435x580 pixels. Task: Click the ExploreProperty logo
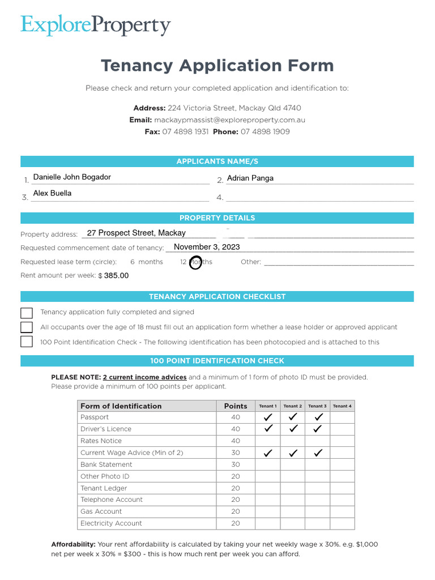(95, 25)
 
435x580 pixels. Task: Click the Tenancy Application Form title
(217, 65)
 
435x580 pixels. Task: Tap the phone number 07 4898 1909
(265, 131)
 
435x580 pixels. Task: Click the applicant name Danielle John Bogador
(72, 177)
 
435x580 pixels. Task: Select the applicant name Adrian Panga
(250, 178)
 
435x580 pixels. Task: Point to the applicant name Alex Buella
(52, 193)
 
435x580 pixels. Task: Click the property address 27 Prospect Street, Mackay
(136, 233)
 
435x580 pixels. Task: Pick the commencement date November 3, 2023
(207, 247)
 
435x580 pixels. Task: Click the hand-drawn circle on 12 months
(195, 263)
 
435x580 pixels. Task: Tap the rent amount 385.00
(116, 276)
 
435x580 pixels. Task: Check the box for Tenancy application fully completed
(27, 313)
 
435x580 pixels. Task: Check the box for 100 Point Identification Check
(27, 342)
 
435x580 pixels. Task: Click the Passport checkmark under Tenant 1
(268, 417)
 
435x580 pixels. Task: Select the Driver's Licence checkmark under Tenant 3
(317, 429)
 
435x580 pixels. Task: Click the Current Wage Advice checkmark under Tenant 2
(293, 453)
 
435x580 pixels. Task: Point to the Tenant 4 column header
(342, 406)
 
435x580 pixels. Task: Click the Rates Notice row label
(101, 441)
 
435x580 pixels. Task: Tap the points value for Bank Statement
(236, 464)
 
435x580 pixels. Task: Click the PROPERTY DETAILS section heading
(217, 218)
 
